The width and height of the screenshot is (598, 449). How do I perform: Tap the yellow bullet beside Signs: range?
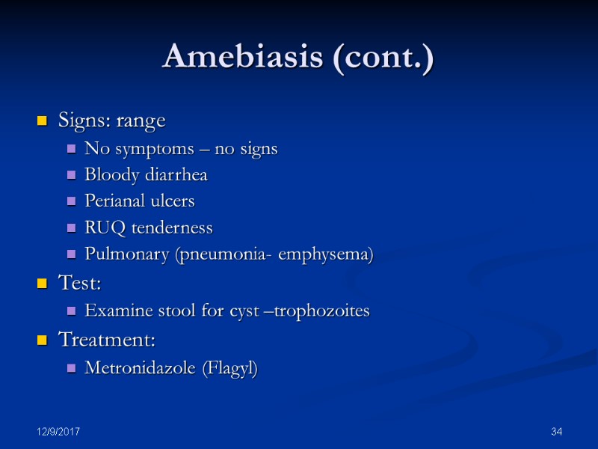(x=43, y=120)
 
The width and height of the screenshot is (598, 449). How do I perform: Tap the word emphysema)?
(x=326, y=254)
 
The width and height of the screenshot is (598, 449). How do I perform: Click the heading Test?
(x=79, y=283)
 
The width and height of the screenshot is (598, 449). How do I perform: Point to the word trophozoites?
(x=322, y=311)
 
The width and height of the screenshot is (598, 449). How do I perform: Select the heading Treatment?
(x=107, y=340)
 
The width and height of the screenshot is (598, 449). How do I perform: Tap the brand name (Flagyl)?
(x=230, y=368)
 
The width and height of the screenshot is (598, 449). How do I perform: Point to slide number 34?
(x=556, y=433)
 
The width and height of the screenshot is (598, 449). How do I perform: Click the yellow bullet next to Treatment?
(x=43, y=340)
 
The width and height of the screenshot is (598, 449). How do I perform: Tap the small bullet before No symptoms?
(x=72, y=150)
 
